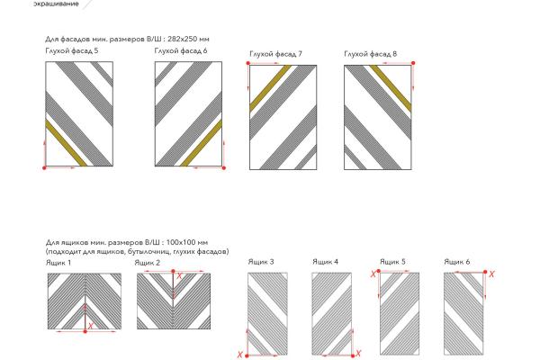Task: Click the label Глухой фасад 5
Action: click(x=72, y=50)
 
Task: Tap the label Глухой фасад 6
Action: click(x=181, y=50)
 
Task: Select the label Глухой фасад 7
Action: click(x=275, y=54)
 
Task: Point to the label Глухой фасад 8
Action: click(x=371, y=54)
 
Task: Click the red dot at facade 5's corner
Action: click(x=44, y=168)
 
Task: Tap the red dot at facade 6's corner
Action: click(x=224, y=168)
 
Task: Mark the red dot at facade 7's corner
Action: click(x=248, y=63)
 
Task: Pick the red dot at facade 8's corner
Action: click(x=413, y=63)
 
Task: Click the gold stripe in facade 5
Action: click(x=66, y=143)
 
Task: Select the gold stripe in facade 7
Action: click(x=270, y=88)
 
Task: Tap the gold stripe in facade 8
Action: click(x=391, y=88)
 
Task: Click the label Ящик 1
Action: click(x=58, y=263)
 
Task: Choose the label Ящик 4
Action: click(x=325, y=262)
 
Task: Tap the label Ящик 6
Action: click(x=457, y=262)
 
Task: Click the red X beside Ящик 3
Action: click(x=240, y=355)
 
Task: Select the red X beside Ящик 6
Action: click(x=491, y=274)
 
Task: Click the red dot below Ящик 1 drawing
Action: click(x=85, y=331)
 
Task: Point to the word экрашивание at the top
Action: click(x=56, y=4)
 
